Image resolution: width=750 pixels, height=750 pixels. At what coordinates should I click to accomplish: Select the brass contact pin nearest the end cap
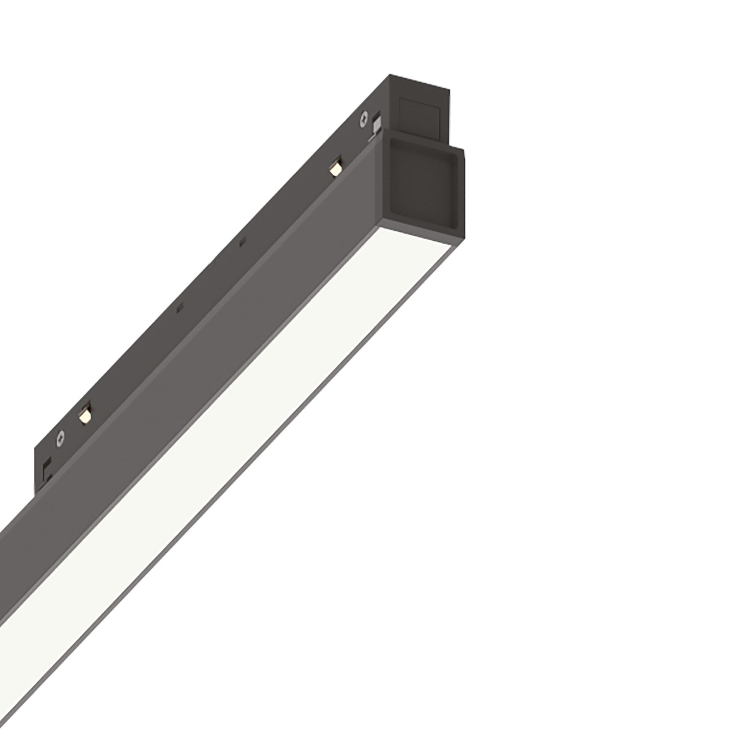coord(334,169)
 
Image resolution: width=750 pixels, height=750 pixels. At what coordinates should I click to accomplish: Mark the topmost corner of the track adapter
coord(389,75)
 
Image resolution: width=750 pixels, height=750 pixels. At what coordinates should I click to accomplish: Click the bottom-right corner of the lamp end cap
coord(465,238)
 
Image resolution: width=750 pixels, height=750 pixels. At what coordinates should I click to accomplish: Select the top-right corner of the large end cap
coord(464,148)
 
